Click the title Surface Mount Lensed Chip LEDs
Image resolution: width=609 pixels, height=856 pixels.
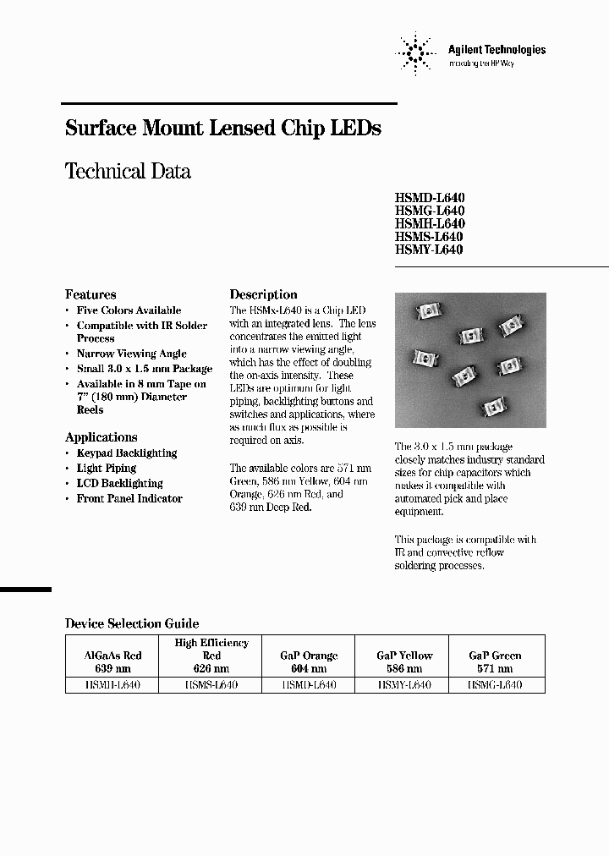coord(223,129)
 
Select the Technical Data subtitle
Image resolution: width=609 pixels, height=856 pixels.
coord(128,171)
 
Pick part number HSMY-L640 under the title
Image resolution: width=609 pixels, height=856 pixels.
coord(429,250)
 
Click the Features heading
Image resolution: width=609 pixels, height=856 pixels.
coord(91,294)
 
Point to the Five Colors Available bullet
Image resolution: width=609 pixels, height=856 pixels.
coord(129,310)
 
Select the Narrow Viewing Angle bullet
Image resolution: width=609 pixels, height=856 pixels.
coord(131,354)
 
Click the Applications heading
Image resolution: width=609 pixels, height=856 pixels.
coord(101,437)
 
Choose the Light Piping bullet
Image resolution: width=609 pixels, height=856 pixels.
coord(106,468)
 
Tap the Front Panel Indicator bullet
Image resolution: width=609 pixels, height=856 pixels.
coord(129,499)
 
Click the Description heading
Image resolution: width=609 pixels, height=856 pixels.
coord(264,294)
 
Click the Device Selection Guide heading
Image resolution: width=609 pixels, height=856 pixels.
coord(132,623)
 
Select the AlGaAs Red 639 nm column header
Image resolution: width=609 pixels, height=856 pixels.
coord(112,661)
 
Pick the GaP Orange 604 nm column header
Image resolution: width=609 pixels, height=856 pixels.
coord(308,661)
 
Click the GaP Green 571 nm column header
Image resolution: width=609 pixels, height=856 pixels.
coord(495,661)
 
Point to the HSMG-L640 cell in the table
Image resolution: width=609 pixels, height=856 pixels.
coord(495,685)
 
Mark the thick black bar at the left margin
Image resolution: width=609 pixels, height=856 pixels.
coord(25,589)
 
